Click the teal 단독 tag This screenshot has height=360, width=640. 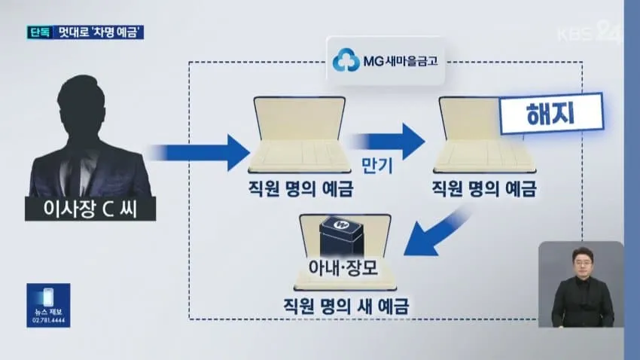tap(40, 32)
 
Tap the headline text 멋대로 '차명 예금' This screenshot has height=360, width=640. tap(98, 32)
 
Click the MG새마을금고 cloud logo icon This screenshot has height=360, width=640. tap(346, 60)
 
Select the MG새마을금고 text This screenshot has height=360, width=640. tap(401, 61)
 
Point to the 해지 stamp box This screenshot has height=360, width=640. tap(551, 114)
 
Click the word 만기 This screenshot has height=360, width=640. tap(376, 166)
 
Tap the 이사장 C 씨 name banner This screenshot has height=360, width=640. tap(90, 209)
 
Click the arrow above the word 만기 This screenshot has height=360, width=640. tap(389, 142)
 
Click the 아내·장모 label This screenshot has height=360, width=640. tap(343, 268)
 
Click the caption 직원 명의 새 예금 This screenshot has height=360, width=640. tap(346, 306)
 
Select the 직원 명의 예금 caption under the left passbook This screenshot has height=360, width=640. tap(300, 188)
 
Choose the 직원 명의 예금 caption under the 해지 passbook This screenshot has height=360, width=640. tap(483, 188)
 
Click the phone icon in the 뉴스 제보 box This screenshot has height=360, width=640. tap(48, 297)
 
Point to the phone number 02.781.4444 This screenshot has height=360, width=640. tap(49, 320)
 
